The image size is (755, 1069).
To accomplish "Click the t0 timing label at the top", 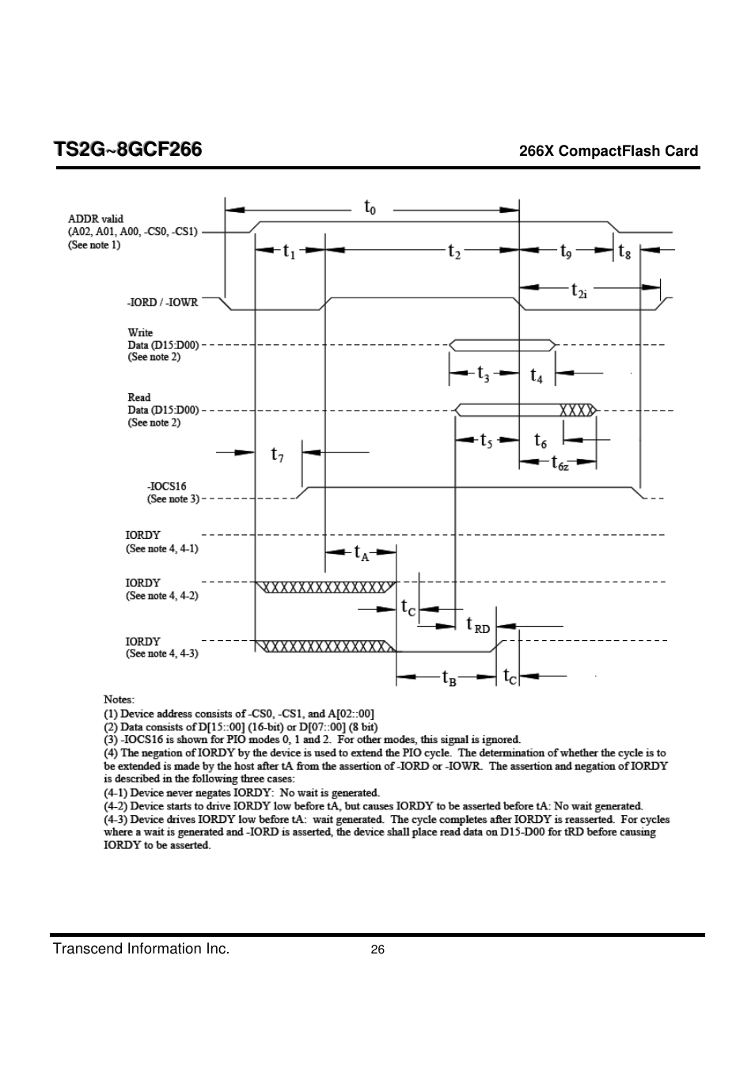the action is pos(370,207).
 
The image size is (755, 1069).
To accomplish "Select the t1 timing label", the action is pos(289,251).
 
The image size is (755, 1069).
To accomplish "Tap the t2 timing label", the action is pos(454,251).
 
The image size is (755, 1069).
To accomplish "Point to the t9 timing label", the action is pos(566,251).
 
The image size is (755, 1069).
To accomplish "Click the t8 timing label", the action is pos(624,251).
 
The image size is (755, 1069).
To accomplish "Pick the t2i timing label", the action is pos(579,290).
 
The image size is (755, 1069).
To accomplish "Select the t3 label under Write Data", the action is pos(484,373).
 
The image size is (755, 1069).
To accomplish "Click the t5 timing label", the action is pos(486,441).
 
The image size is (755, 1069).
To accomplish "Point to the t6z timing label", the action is pos(560,462).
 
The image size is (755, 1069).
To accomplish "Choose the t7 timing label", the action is pos(277,454).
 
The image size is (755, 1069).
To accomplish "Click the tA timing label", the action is pos(362,553).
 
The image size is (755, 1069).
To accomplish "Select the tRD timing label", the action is pos(478,624).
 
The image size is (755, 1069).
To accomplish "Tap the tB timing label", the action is pos(449,677).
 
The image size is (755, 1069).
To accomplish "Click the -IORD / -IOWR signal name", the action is pos(162,302).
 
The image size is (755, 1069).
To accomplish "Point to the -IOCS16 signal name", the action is pos(166,487).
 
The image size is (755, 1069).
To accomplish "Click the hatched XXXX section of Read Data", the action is pos(577,410).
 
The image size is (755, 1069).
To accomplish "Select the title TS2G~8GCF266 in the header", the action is pos(128,150).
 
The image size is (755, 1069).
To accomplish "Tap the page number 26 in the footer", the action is pos(377,950).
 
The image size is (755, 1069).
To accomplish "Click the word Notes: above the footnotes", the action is pos(120,699).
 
